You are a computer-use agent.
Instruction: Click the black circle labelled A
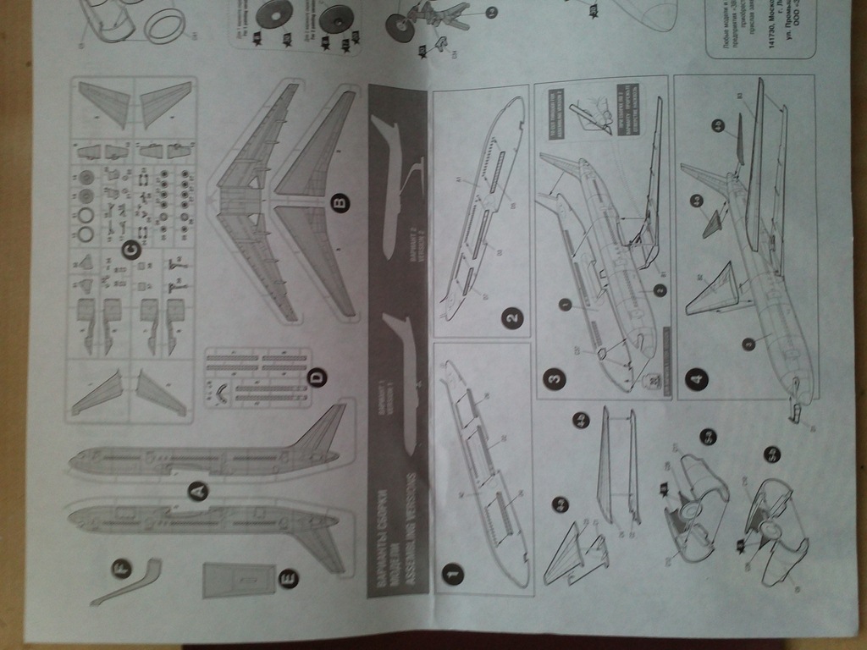coord(197,489)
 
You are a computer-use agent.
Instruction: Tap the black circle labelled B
coord(340,203)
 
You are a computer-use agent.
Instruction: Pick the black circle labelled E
coord(289,579)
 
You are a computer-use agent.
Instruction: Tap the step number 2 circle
coord(511,319)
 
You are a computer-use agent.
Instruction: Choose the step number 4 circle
coord(696,380)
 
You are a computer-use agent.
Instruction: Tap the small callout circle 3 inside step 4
coord(748,344)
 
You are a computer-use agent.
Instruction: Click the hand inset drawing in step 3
coord(593,113)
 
